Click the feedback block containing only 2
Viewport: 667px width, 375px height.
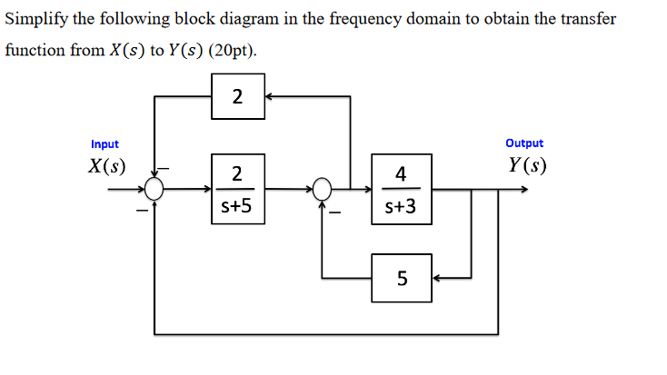pos(237,95)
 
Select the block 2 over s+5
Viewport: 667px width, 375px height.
pos(237,189)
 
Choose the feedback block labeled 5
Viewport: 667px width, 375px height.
pos(401,277)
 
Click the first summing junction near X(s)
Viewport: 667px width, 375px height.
pos(155,189)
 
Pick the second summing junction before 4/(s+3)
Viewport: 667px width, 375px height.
pos(324,189)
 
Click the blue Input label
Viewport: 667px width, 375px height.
pos(105,143)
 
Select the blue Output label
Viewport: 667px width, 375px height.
pos(524,143)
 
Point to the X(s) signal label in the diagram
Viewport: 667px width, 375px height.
pos(106,166)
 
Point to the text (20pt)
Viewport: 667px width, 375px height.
pos(232,50)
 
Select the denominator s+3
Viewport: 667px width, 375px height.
pos(401,207)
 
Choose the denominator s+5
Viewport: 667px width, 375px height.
pos(237,207)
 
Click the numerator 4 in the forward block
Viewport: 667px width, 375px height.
pos(401,173)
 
